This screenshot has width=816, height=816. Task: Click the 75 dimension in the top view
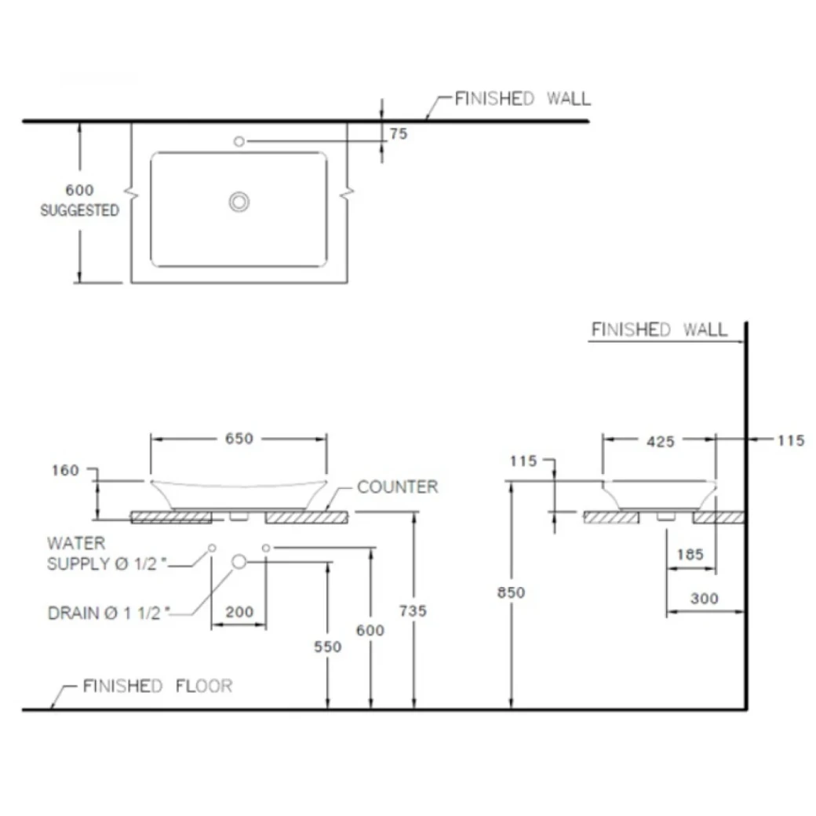tap(399, 134)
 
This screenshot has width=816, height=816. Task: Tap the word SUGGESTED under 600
tap(80, 210)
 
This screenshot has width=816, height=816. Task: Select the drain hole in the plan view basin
tap(239, 202)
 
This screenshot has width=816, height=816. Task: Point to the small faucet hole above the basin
tap(239, 141)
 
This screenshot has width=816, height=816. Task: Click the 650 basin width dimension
tap(239, 439)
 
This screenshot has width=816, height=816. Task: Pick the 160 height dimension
tap(65, 470)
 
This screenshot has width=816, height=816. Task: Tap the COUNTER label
tap(397, 487)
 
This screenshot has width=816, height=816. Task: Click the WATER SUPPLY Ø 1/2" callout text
tap(108, 553)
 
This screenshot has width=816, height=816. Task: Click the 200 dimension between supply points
tap(239, 612)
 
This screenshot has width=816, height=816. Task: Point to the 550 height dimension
tap(327, 647)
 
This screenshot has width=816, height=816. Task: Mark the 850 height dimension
tap(511, 593)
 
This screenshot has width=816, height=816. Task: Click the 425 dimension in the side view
tap(660, 442)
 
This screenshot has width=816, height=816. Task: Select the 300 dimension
tap(705, 599)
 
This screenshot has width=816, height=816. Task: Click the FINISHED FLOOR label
tap(158, 687)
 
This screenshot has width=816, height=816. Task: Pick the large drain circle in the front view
tap(239, 560)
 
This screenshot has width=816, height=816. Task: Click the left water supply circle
tap(212, 547)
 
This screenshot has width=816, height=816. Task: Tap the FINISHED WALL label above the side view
tap(659, 329)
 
